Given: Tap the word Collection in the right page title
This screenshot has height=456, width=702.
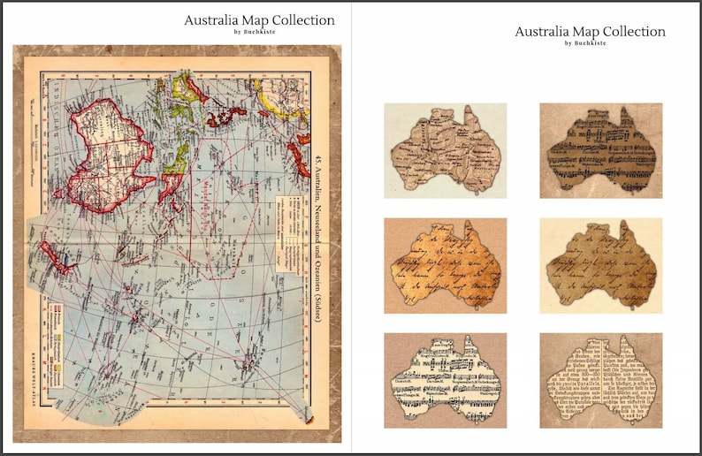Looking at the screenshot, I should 630,31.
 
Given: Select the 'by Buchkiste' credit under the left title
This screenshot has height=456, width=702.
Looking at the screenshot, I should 259,32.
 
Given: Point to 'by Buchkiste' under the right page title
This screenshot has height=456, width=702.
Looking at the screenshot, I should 590,42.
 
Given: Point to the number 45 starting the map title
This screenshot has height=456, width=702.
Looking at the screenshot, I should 316,161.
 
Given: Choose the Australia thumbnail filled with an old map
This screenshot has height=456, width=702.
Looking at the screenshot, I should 445,150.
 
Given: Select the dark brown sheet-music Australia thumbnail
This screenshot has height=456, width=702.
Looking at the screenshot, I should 600,150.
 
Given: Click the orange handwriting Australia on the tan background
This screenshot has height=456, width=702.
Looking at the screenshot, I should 445,265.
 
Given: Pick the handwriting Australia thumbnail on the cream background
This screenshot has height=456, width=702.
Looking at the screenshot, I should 600,265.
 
